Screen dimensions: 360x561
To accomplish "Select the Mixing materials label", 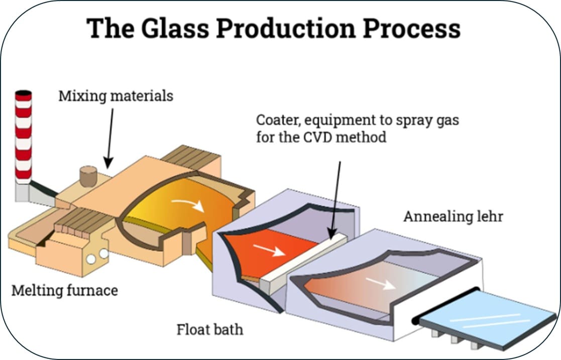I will click(x=116, y=95).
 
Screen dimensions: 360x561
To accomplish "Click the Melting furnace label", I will click(x=64, y=290).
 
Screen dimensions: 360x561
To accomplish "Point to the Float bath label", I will click(x=209, y=330).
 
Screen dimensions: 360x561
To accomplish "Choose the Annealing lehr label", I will click(x=453, y=217).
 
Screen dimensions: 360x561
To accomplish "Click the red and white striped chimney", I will click(x=23, y=136).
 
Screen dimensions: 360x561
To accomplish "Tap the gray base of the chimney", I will click(x=23, y=191).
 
